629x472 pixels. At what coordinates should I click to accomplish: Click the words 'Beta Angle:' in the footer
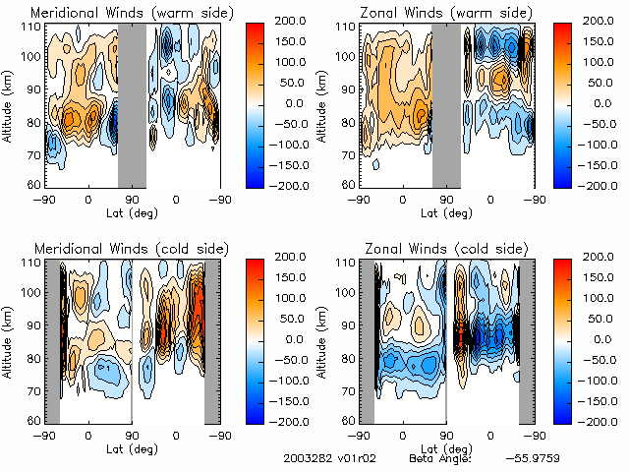tap(440, 458)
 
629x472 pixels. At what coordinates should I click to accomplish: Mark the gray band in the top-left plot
tap(132, 103)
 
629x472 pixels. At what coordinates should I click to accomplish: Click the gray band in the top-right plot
tap(446, 103)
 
